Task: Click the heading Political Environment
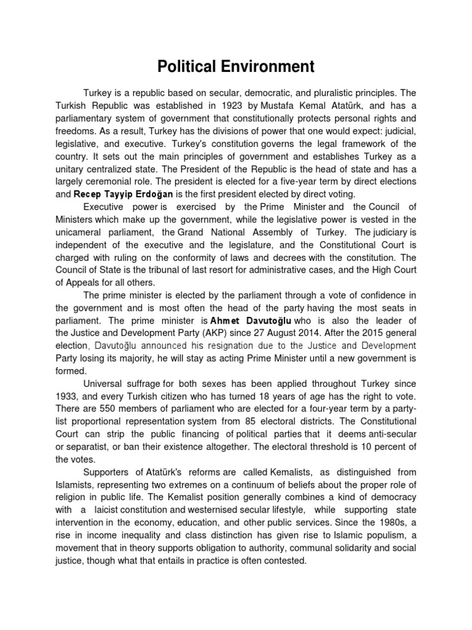[236, 66]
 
